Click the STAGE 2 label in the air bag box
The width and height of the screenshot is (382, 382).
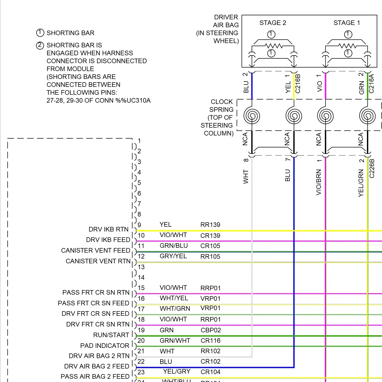coord(273,23)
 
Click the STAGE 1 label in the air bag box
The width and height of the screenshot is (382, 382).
coord(347,23)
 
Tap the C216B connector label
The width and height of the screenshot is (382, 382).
coord(298,84)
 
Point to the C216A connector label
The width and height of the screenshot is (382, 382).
coord(371,84)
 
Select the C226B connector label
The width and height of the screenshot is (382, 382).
coord(372,168)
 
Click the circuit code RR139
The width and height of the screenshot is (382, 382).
coord(210,225)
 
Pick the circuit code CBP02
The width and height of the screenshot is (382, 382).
coord(211,330)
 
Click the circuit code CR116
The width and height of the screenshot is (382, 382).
coord(211,340)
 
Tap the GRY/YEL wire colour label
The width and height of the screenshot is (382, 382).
coord(173,256)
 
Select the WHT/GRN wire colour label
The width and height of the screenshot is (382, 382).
coord(175,308)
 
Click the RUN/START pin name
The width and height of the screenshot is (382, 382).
coord(111,335)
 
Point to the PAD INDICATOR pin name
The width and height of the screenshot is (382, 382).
coord(105,346)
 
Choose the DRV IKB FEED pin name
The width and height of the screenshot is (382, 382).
coord(108,240)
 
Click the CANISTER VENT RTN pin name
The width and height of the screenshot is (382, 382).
coord(98,261)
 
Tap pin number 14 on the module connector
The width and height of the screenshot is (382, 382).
coord(141,277)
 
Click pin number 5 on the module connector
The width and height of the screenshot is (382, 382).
coord(139,183)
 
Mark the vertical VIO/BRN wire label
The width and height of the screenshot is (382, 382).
coord(319,182)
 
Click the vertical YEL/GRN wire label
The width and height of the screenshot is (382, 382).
coord(361,183)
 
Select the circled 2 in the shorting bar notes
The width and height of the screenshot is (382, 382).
coord(40,45)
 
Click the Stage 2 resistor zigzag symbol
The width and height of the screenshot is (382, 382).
coord(274,46)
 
